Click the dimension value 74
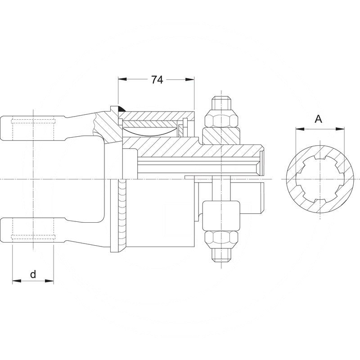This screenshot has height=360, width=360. pos(157,80)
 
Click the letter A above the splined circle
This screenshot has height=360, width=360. pos(318,119)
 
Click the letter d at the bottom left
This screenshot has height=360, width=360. pos(33,274)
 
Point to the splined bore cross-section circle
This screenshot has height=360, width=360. pos(318,180)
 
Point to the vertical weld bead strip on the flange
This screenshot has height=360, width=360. pos(121,211)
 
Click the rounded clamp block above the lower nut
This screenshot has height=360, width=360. pos(220,215)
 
